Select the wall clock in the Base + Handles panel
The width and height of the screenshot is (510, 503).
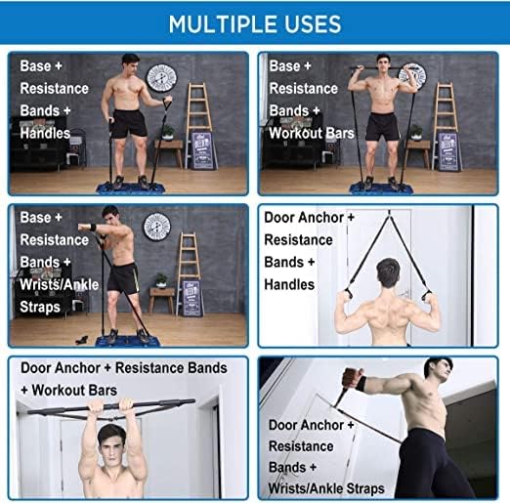pyautogui.click(x=161, y=78)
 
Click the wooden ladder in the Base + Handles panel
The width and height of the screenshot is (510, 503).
pyautogui.click(x=199, y=125)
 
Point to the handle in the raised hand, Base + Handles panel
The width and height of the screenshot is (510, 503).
pyautogui.click(x=167, y=104)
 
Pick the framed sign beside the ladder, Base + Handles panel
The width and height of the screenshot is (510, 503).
pyautogui.click(x=202, y=150)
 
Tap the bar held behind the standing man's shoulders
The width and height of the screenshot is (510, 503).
pyautogui.click(x=377, y=68)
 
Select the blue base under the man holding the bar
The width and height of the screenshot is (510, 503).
pyautogui.click(x=381, y=189)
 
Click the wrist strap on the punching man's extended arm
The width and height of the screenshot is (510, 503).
pyautogui.click(x=93, y=227)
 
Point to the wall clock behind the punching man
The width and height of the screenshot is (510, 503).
pyautogui.click(x=157, y=227)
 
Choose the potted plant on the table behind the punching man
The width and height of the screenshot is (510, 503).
pyautogui.click(x=161, y=280)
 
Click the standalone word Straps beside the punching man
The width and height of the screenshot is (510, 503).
pyautogui.click(x=40, y=307)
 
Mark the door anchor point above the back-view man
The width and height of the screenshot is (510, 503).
pyautogui.click(x=389, y=213)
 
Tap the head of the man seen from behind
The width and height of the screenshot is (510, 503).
pyautogui.click(x=388, y=272)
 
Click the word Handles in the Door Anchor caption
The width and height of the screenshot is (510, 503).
pyautogui.click(x=289, y=284)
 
